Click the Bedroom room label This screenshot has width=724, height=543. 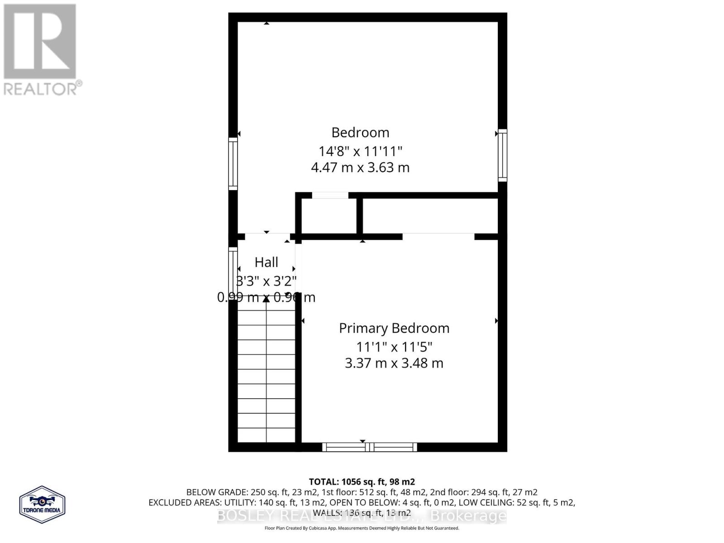point(360,133)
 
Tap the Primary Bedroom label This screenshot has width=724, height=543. point(394,328)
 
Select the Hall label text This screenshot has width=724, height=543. point(266,262)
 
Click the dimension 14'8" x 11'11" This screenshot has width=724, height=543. point(360,151)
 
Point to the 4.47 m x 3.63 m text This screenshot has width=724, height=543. point(360,167)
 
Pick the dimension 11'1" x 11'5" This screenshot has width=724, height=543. point(394,347)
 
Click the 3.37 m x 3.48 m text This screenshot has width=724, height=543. point(394,363)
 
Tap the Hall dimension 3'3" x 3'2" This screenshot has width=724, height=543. point(266,281)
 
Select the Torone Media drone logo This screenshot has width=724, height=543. point(43,505)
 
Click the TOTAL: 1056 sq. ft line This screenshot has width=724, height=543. point(362,482)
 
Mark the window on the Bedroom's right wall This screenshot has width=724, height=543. point(502,155)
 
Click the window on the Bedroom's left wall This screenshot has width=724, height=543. point(233,163)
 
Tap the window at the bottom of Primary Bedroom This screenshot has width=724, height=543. point(369,447)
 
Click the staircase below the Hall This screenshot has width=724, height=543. point(266,371)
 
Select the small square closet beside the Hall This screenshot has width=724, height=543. point(329,216)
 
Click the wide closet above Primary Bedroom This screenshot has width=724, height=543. point(430,216)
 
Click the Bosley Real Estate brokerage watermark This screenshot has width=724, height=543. point(362,515)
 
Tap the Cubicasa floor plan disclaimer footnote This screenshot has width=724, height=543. point(362,528)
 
